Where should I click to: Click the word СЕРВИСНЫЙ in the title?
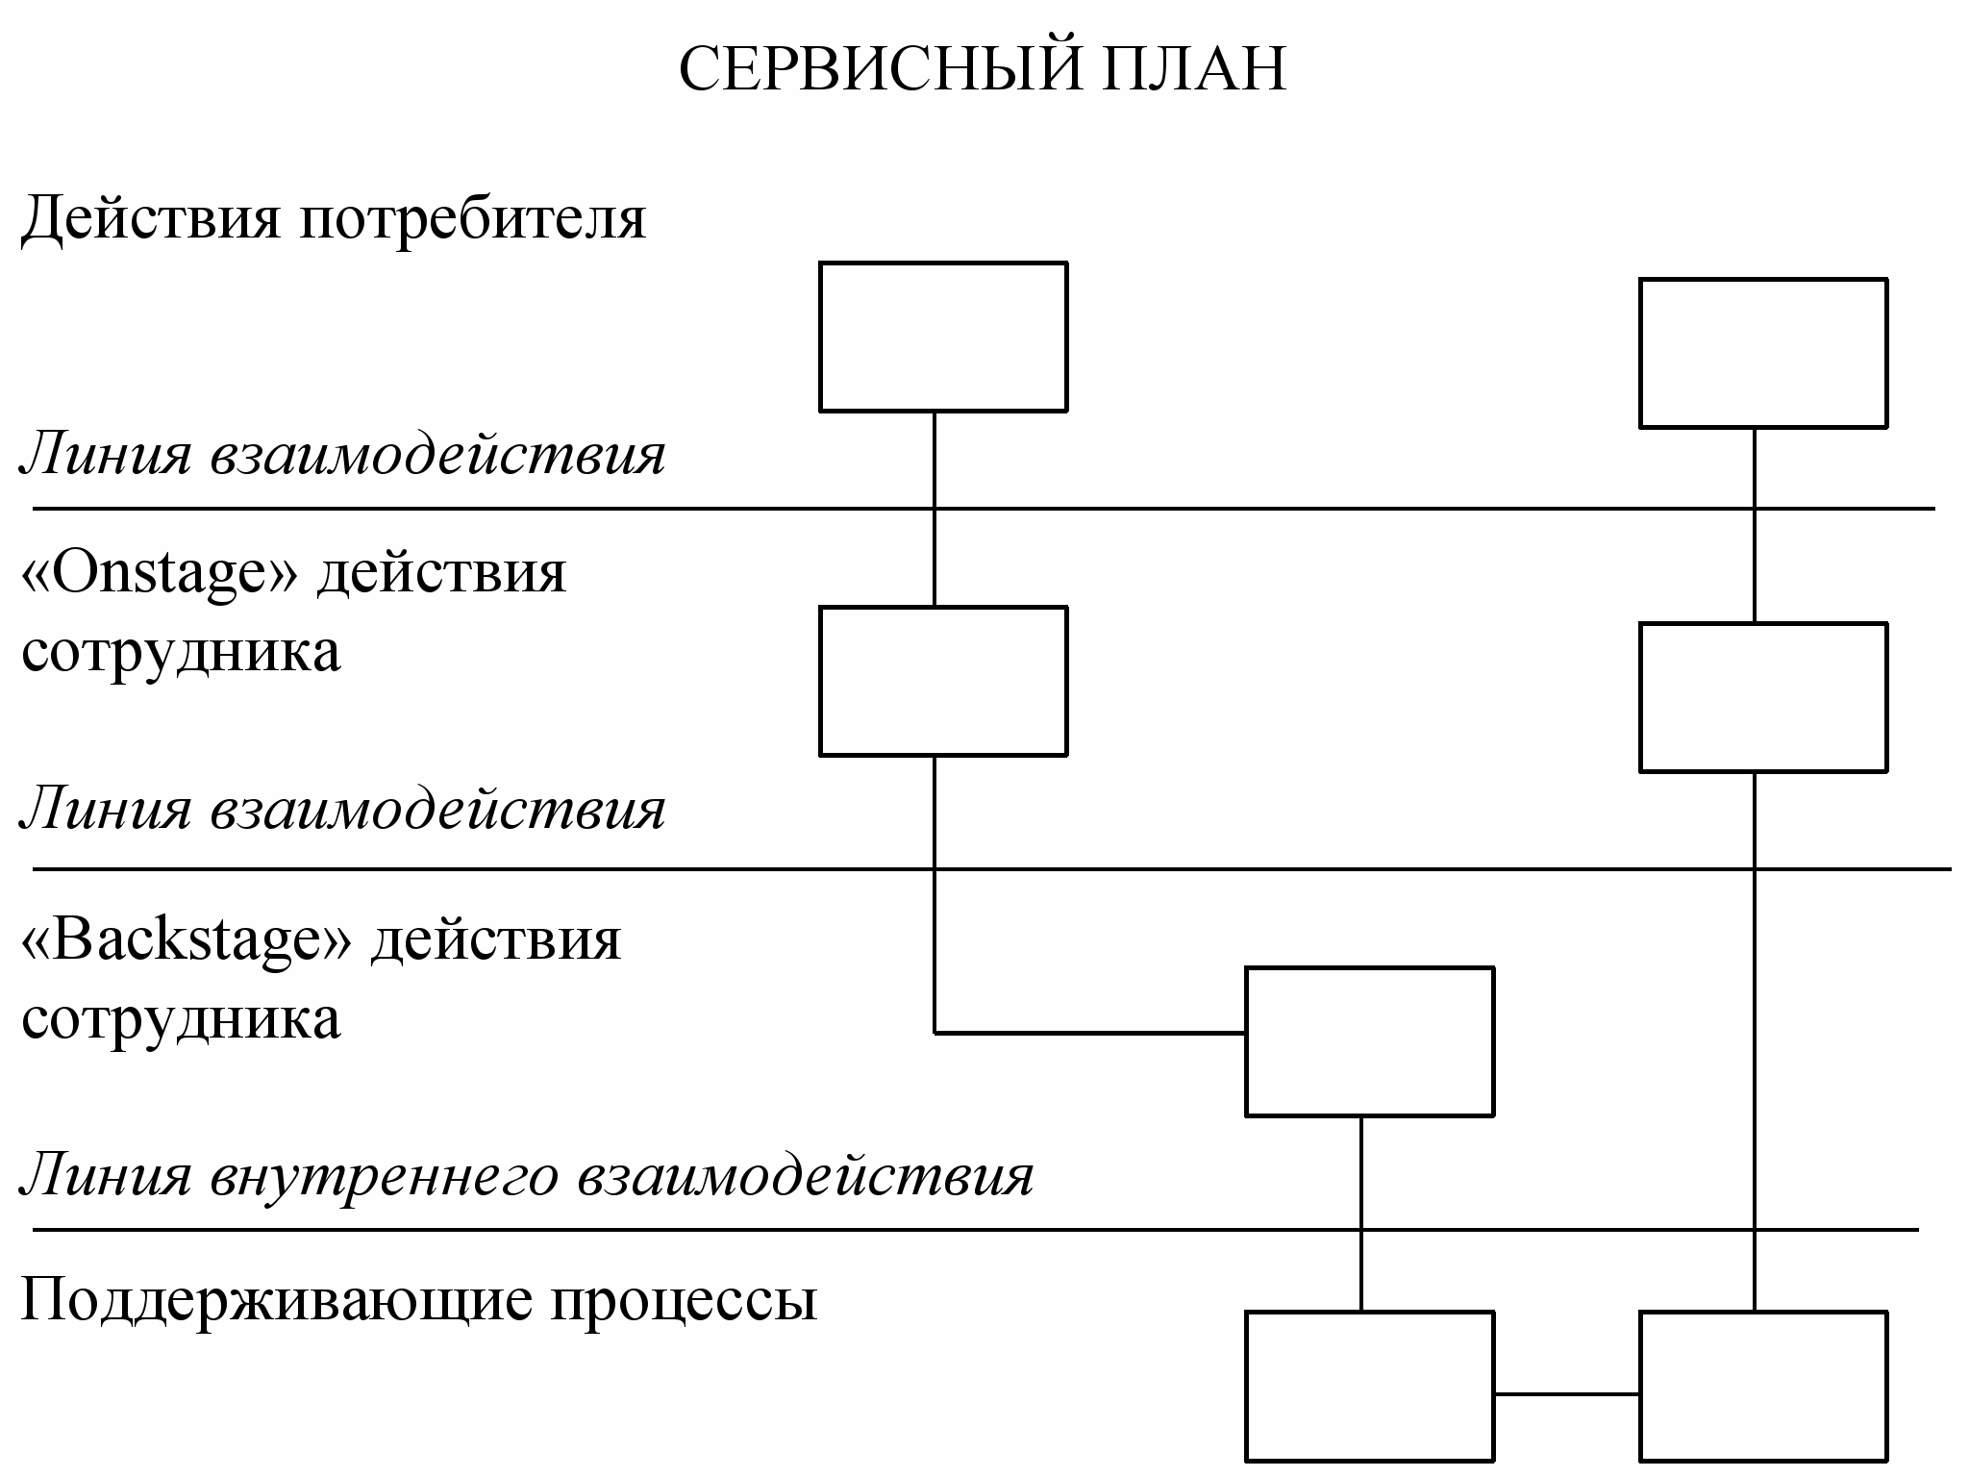tap(881, 69)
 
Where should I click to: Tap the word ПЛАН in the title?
tap(1193, 69)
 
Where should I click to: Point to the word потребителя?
tap(473, 219)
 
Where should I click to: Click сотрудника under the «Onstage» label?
tap(181, 653)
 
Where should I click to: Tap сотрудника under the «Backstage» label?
tap(181, 1019)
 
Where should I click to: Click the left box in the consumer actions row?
tap(943, 337)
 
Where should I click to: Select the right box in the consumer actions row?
tap(1763, 353)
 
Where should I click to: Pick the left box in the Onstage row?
tap(943, 681)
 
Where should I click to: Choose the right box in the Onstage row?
tap(1763, 697)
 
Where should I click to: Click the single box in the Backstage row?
tap(1369, 1041)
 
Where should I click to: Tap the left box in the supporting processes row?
tap(1369, 1386)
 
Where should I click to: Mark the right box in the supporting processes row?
tap(1763, 1386)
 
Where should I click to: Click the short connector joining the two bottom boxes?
tap(1566, 1393)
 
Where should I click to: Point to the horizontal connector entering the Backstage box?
tap(1090, 1033)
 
